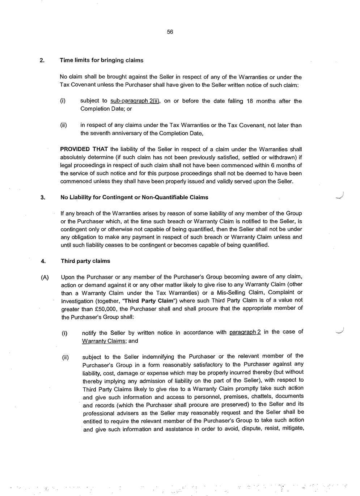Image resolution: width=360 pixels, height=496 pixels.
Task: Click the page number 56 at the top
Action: [x=170, y=32]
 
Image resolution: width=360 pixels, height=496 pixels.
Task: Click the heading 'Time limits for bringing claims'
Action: [x=101, y=60]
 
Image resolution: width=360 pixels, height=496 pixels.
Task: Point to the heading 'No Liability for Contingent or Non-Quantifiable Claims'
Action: [x=134, y=197]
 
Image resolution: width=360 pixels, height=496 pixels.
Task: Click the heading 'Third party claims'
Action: [x=85, y=261]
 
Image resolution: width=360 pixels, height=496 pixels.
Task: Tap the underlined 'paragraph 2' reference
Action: [x=245, y=332]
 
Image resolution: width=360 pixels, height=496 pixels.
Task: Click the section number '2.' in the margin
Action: [x=42, y=60]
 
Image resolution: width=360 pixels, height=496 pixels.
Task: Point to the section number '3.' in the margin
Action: [x=43, y=198]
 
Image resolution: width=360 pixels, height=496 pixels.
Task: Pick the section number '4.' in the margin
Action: [x=43, y=261]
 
